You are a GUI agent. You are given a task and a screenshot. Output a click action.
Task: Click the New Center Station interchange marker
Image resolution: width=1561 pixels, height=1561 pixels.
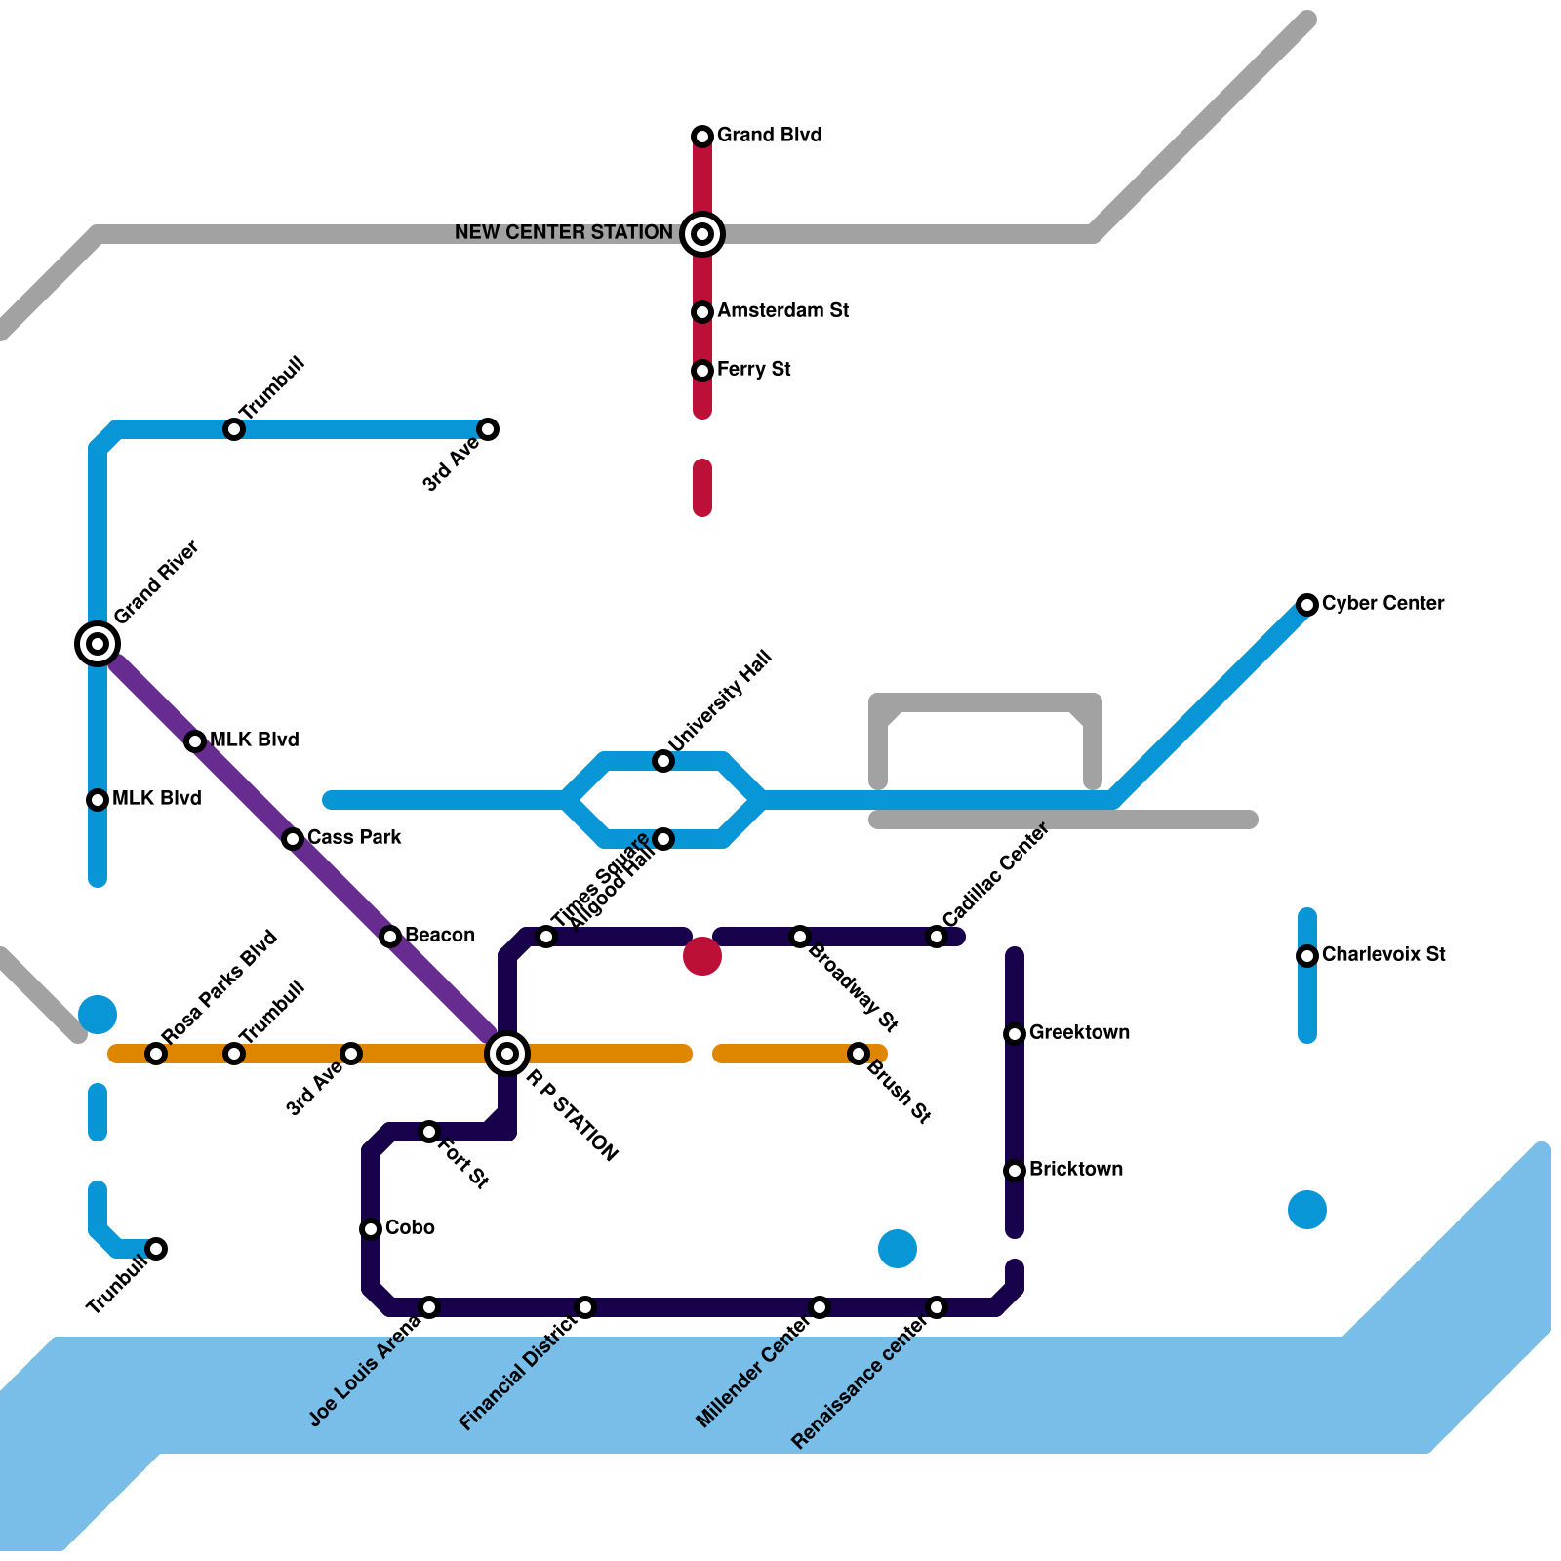click(x=702, y=234)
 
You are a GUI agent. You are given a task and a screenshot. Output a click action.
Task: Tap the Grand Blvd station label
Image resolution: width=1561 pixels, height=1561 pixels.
click(x=769, y=135)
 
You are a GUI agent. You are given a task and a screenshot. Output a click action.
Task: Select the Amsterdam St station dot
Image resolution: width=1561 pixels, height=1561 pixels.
click(x=702, y=312)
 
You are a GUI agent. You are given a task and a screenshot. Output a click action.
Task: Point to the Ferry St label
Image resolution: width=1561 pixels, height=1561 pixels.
click(x=753, y=369)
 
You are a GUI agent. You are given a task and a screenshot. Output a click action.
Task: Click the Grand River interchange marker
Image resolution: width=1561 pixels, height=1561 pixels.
click(x=98, y=644)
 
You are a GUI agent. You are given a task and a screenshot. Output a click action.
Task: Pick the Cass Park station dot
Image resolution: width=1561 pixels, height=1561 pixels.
click(x=293, y=839)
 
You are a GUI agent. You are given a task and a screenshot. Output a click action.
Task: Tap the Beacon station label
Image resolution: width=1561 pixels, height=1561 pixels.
click(x=440, y=935)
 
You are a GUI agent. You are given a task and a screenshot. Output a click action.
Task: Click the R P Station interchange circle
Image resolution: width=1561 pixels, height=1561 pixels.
click(x=507, y=1054)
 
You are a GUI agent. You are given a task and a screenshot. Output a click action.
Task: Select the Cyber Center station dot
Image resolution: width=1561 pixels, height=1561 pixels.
click(x=1307, y=605)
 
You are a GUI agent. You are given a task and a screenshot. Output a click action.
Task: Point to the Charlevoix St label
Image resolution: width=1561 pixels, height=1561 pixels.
click(x=1383, y=954)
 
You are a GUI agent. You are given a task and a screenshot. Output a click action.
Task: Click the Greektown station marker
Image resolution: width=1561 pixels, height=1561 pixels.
click(x=1015, y=1034)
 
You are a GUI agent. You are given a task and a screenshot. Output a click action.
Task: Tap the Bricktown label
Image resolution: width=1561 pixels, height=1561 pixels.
click(x=1076, y=1169)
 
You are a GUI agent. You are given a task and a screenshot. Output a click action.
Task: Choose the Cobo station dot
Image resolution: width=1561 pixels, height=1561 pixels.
click(x=371, y=1229)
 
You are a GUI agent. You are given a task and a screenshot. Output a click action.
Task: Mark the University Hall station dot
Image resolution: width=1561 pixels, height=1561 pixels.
click(x=663, y=761)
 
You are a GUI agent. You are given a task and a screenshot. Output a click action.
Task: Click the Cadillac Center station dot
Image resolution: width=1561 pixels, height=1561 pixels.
click(x=937, y=937)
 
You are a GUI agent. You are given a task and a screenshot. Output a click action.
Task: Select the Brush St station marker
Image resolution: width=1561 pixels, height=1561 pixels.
click(x=859, y=1054)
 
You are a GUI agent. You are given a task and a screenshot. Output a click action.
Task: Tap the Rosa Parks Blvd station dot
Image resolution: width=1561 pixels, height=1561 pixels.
click(x=156, y=1054)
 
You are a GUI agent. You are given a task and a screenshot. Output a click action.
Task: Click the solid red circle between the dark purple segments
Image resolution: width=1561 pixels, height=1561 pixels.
click(x=702, y=956)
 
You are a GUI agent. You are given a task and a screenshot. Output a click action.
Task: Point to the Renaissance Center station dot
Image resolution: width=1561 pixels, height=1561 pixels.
click(x=937, y=1307)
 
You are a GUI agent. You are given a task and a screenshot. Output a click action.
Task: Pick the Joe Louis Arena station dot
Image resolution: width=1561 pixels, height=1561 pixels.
click(x=429, y=1307)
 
